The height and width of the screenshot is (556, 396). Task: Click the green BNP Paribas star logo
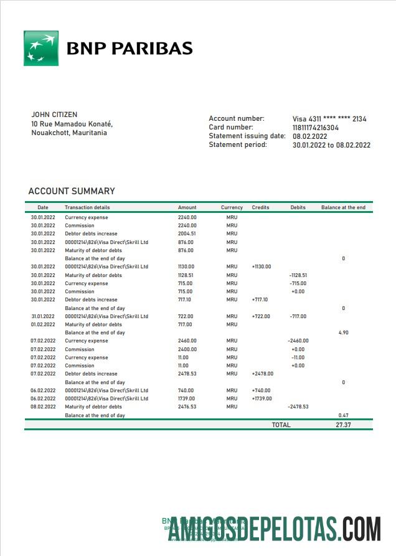coord(41,48)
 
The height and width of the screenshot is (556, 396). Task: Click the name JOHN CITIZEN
coord(54,115)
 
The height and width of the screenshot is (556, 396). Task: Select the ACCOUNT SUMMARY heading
coord(72,191)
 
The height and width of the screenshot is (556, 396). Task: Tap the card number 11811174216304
coord(316,128)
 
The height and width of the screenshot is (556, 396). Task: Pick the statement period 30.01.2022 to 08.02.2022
coord(331,145)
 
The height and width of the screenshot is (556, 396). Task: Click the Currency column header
coord(232,207)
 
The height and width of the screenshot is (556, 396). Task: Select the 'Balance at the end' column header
coord(343,207)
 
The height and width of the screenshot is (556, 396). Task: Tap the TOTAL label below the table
coord(281,425)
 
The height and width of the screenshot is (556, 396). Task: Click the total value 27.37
coord(343,425)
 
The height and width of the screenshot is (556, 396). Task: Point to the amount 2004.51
coord(187,233)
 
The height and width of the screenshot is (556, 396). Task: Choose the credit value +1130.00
coord(262,266)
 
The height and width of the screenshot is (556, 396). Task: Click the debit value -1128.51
coord(298,275)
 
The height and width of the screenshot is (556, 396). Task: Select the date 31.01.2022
coord(43,316)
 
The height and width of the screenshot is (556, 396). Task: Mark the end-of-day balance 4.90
coord(343,332)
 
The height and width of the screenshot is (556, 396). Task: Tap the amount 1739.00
coord(187,398)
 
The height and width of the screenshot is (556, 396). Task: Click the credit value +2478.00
coord(262,374)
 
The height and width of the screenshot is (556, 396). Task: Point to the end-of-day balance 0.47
coord(343,415)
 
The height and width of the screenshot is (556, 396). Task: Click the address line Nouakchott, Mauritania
coord(68,133)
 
